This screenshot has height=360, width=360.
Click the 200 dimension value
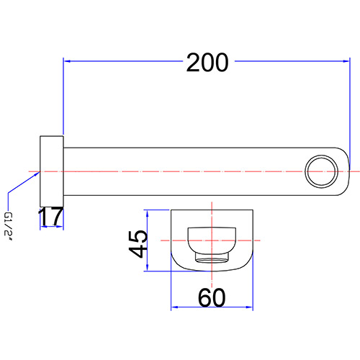tap(207, 63)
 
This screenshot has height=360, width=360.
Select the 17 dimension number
tap(51, 217)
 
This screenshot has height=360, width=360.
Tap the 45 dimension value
tap(138, 244)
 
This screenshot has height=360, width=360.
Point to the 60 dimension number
tap(212, 298)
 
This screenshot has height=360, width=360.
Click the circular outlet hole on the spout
tap(321, 171)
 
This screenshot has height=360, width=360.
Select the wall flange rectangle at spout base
tap(52, 171)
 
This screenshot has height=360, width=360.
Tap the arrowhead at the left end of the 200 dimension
tap(67, 61)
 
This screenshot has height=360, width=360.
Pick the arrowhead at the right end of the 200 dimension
tap(346, 61)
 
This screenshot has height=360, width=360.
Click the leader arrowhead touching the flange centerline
tap(37, 174)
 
